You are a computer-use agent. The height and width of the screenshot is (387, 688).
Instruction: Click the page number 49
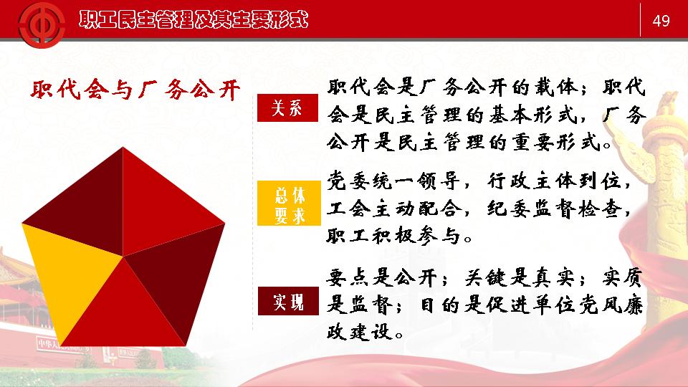pos(661,21)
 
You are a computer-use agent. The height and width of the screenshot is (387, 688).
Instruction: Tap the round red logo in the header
pos(42,24)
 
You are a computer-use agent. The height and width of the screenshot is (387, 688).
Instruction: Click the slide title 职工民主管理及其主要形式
pos(193,20)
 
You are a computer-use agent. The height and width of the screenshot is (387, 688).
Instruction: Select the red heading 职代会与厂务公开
pos(135,90)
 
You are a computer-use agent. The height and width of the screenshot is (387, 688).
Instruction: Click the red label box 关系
pos(287,107)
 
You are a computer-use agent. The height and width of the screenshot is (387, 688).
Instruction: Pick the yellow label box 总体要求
pos(289,203)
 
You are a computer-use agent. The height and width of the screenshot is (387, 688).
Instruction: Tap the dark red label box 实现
pos(288,301)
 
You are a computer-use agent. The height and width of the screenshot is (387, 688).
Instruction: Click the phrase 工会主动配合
pos(393,209)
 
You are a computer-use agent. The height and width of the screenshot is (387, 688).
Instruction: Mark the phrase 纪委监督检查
pos(554,209)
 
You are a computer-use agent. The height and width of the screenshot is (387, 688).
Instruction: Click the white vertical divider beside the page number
pos(640,20)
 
